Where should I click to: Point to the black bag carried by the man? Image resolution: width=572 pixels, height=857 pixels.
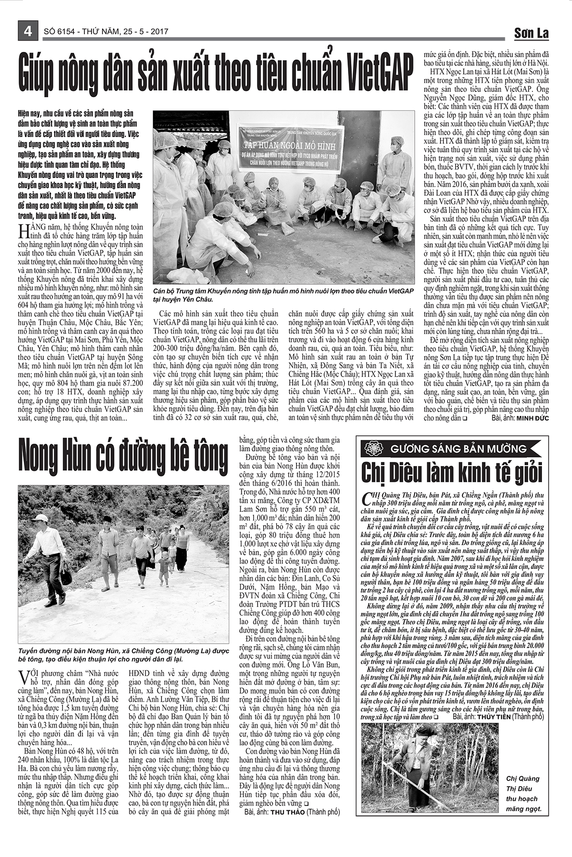[66, 577]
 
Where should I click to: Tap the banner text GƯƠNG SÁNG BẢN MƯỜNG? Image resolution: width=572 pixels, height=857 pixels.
[459, 448]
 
